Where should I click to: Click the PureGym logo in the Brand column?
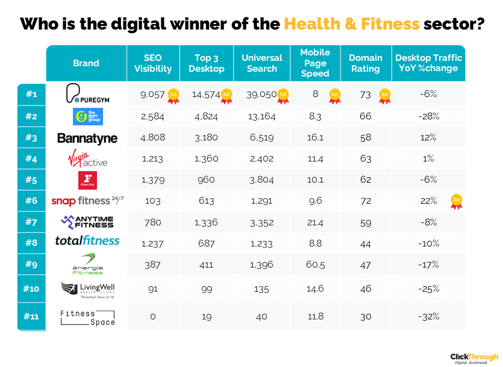(86, 95)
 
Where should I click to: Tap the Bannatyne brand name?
(87, 139)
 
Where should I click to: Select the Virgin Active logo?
(86, 160)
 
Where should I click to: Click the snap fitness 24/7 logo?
(86, 201)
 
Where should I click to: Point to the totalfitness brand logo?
(87, 240)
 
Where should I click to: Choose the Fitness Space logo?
(87, 317)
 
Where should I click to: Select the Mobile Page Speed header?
(315, 63)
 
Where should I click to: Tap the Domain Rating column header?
(365, 63)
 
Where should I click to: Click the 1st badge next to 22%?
(457, 202)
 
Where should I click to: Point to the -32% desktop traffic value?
(428, 316)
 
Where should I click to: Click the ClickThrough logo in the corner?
(474, 358)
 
